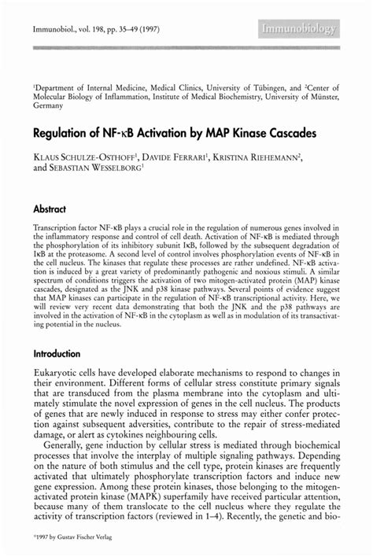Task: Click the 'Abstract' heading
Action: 50,211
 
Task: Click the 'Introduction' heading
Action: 57,354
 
